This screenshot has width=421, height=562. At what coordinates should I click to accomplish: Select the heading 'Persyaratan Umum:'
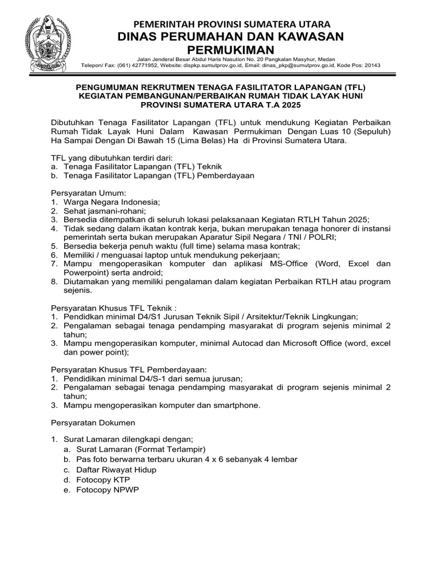point(88,193)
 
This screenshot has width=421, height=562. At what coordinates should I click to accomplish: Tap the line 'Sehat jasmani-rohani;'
point(104,211)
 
